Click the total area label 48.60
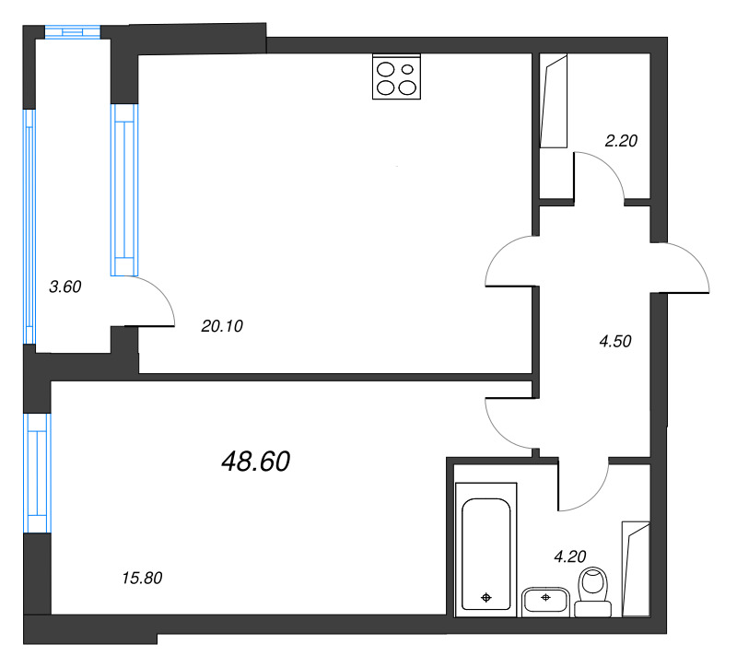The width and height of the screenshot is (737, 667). [256, 462]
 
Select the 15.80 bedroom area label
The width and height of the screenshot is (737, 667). [142, 578]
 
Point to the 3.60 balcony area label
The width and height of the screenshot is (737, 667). [65, 287]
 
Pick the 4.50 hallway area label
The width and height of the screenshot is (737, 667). [615, 341]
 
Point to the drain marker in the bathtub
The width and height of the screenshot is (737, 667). [486, 598]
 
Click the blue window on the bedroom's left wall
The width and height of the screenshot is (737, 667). [36, 472]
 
